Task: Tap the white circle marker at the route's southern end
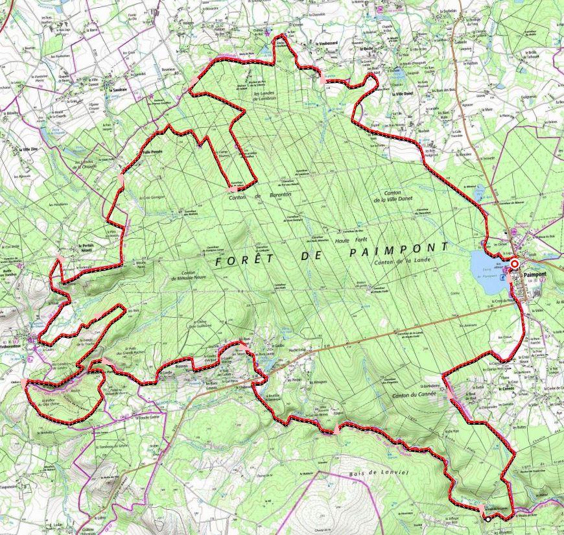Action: pyautogui.click(x=488, y=519)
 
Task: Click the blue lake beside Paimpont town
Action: pyautogui.click(x=488, y=265)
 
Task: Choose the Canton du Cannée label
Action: pyautogui.click(x=407, y=394)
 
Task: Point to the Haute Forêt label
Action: pyautogui.click(x=351, y=240)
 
